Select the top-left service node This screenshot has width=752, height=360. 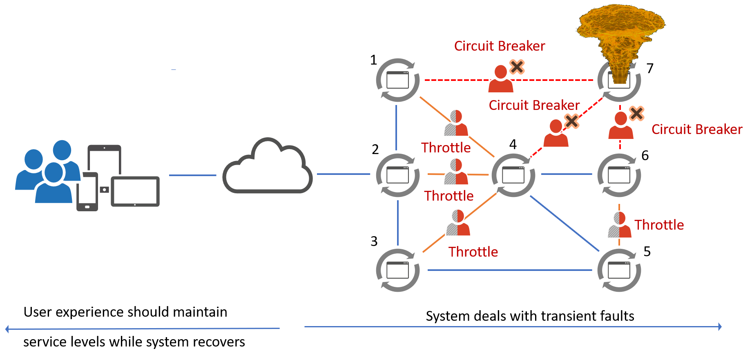click(397, 80)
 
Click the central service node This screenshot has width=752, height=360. click(513, 175)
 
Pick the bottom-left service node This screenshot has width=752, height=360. click(397, 270)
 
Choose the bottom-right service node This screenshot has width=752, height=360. click(619, 270)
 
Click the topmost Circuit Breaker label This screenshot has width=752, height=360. click(499, 46)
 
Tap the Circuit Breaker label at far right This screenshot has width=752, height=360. click(696, 130)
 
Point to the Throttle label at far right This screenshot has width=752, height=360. click(659, 225)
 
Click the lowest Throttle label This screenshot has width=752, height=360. click(473, 252)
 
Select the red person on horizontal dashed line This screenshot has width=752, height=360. click(500, 79)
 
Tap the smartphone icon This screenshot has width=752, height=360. click(87, 192)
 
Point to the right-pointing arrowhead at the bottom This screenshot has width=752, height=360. click(720, 326)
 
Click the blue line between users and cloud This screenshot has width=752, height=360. click(192, 175)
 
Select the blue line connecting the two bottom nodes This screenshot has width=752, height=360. click(509, 270)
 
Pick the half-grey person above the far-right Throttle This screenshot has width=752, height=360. click(619, 225)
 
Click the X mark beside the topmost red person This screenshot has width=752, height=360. click(517, 67)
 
